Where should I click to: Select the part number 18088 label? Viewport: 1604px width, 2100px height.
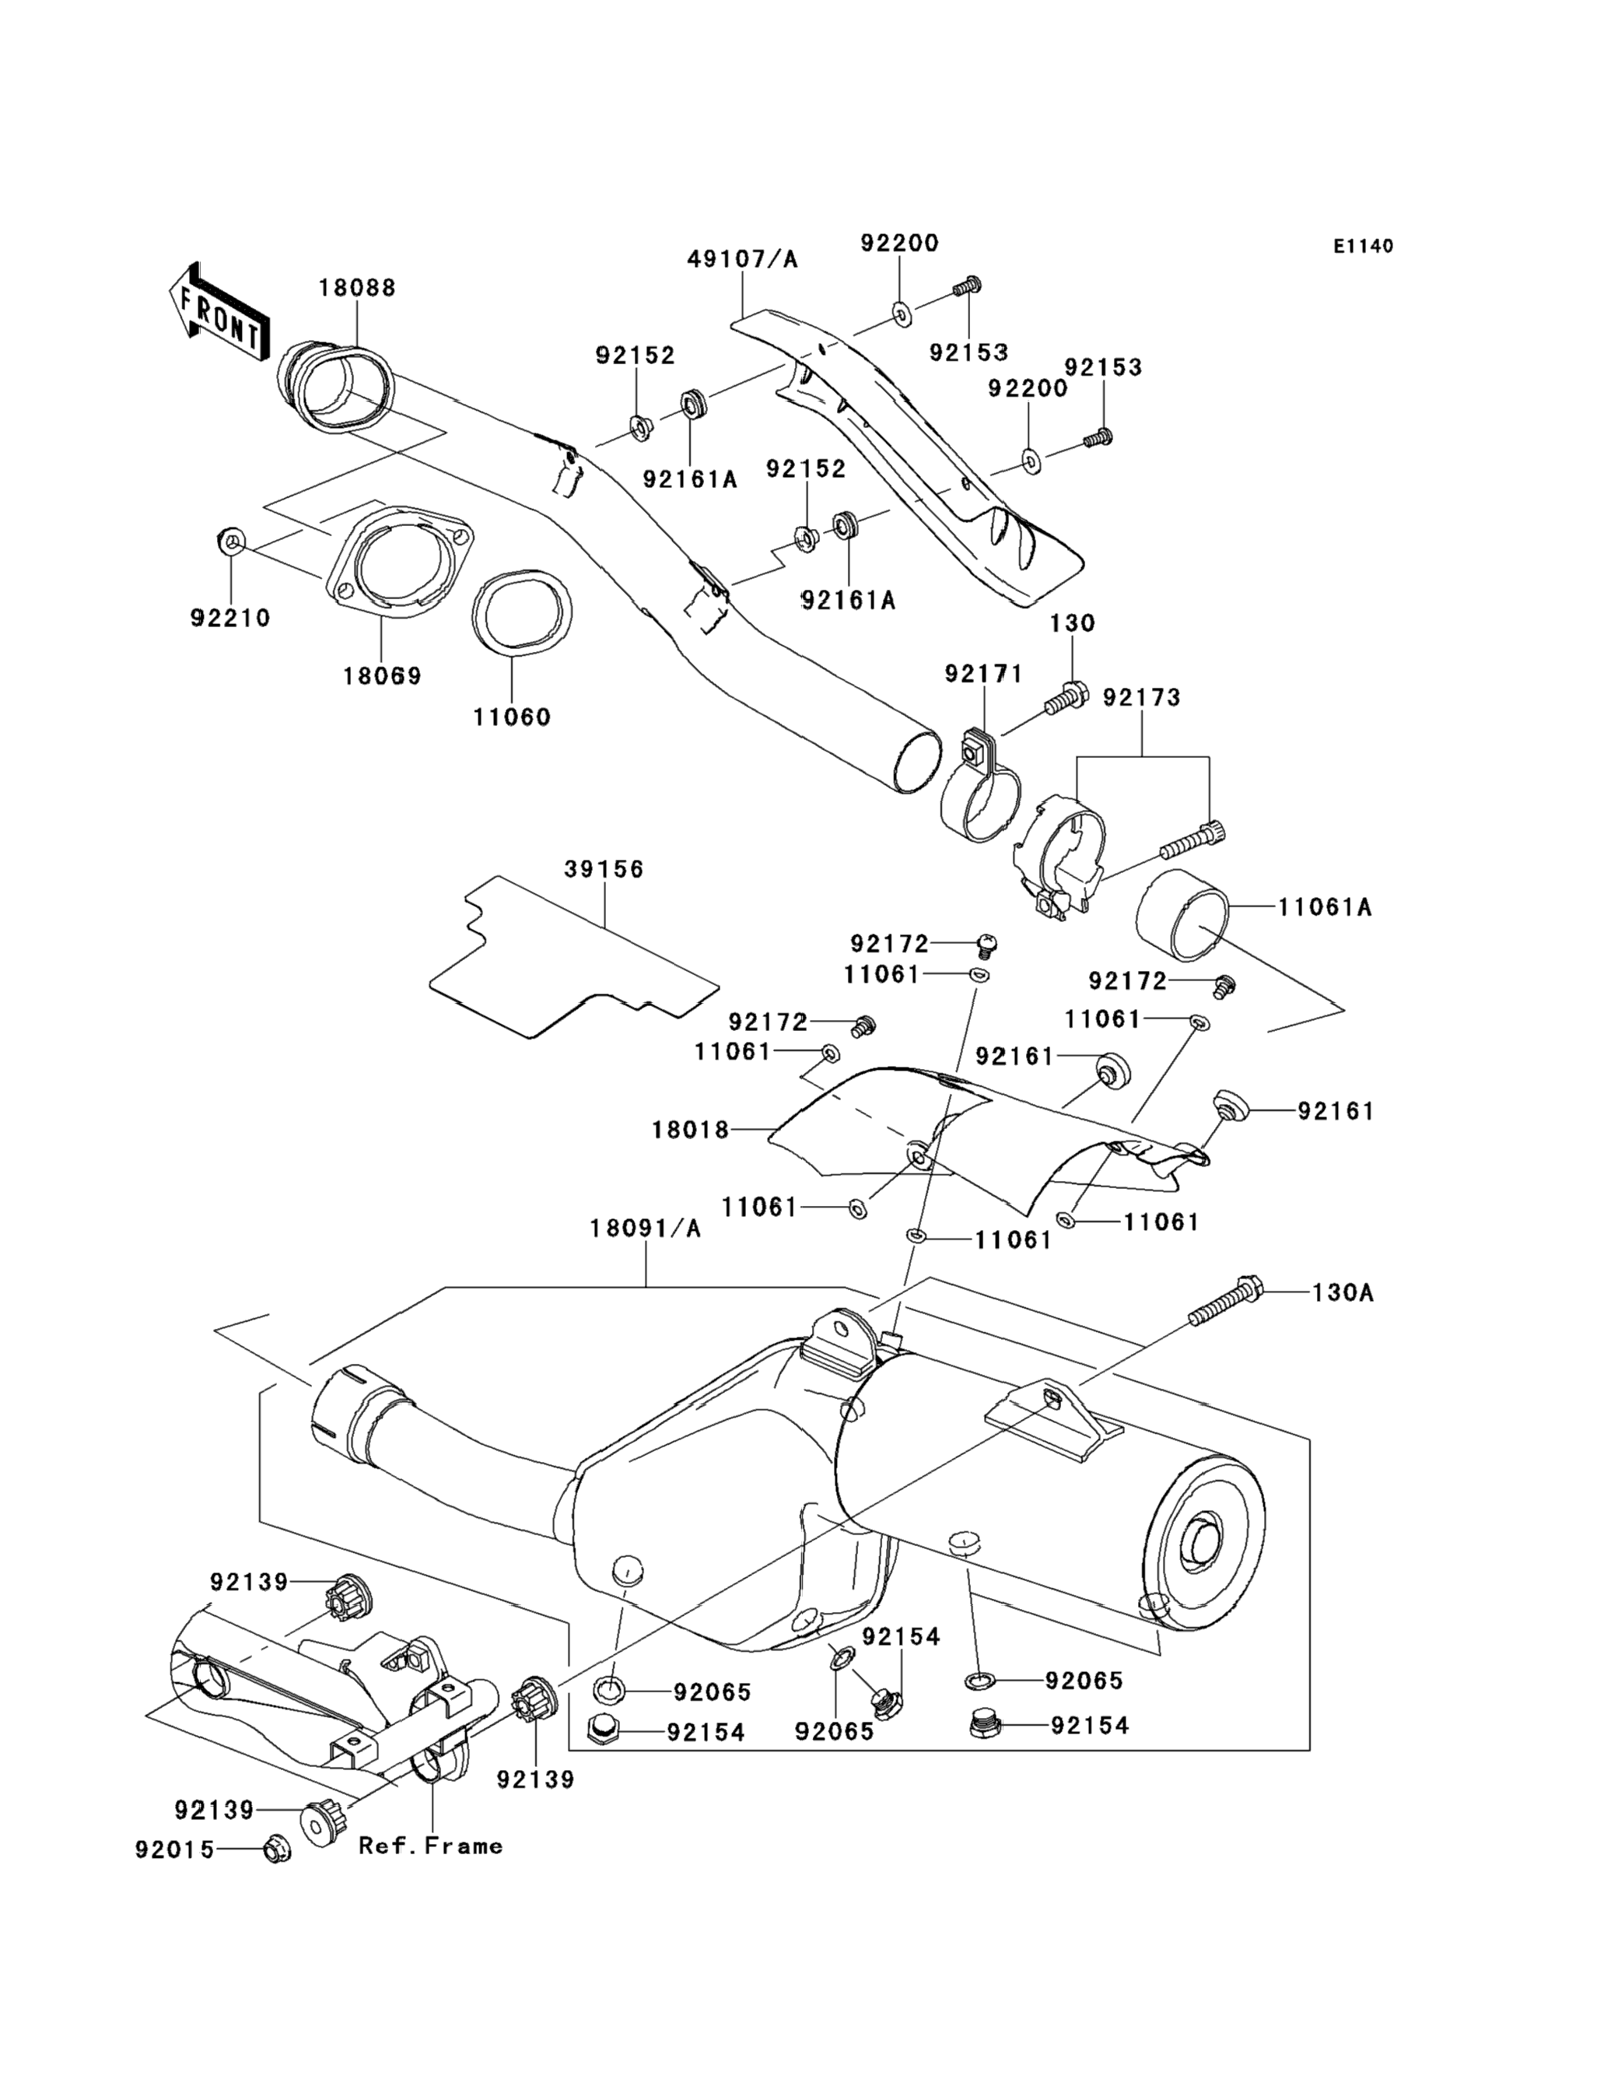(357, 287)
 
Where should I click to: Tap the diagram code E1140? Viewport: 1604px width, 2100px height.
(1364, 247)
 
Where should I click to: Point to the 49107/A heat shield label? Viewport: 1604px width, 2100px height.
(743, 259)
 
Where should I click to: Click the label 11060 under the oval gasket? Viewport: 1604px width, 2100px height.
(513, 717)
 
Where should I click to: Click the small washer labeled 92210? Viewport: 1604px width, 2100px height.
(230, 542)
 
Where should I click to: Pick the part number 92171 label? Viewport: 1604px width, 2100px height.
(983, 675)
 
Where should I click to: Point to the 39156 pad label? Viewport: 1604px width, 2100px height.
(604, 870)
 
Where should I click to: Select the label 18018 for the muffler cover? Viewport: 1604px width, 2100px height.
(690, 1131)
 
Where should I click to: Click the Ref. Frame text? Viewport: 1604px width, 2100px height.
(431, 1846)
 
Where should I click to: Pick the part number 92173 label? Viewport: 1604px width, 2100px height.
(1142, 698)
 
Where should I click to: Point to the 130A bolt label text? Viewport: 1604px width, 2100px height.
(1343, 1293)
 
